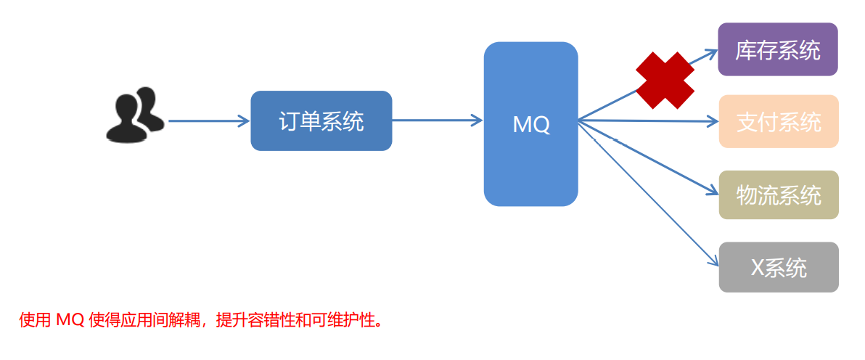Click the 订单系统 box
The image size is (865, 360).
[x=321, y=121]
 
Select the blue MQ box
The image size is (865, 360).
[x=530, y=124]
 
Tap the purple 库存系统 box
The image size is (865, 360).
[x=778, y=49]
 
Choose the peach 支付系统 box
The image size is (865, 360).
[x=779, y=121]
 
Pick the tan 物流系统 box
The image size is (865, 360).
[x=779, y=195]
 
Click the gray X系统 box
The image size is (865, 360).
[x=779, y=267]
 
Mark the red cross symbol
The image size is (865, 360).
[x=665, y=81]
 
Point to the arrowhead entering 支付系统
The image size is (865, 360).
[x=711, y=121]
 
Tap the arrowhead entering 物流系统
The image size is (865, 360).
[x=711, y=192]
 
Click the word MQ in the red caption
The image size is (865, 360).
[x=70, y=320]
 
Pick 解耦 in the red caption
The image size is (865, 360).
[x=186, y=320]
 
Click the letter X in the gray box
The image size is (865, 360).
[x=757, y=268]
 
